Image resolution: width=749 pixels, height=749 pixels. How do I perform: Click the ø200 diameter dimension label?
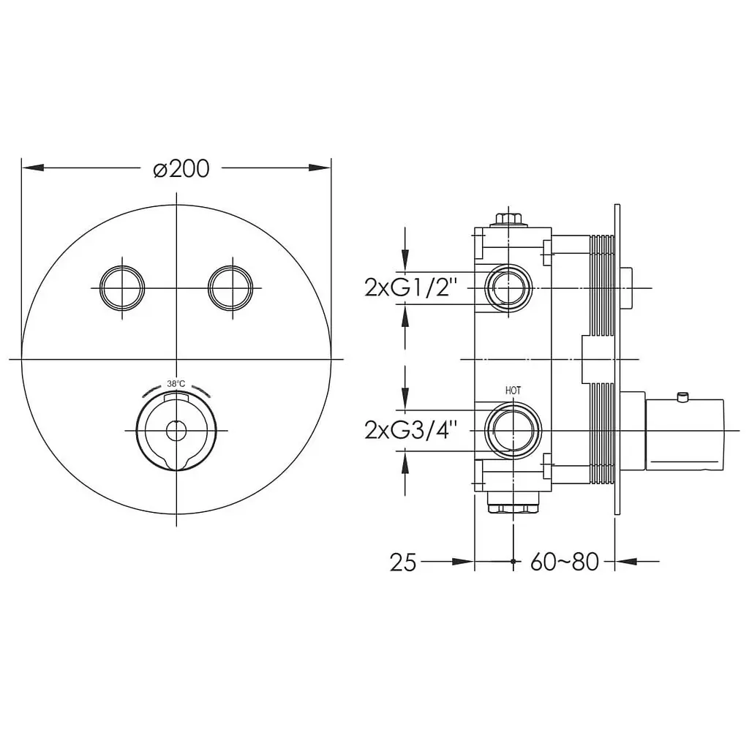click(x=181, y=169)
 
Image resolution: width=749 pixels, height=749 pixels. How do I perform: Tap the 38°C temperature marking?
click(x=176, y=383)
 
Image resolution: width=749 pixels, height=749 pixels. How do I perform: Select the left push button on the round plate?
click(x=122, y=288)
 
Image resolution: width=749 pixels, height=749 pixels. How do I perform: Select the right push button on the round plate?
click(x=230, y=288)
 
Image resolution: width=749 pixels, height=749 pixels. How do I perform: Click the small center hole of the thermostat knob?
click(x=176, y=431)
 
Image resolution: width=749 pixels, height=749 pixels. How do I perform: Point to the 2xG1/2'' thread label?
click(x=411, y=288)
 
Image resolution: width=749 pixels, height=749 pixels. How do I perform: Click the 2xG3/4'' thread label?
click(x=411, y=430)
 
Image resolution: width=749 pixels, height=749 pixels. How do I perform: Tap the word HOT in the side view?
click(x=513, y=391)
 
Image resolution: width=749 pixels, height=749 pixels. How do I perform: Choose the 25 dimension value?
click(x=403, y=562)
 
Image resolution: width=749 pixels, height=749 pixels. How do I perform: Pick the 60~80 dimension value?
click(x=564, y=562)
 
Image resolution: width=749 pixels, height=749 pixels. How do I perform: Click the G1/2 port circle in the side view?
click(x=508, y=288)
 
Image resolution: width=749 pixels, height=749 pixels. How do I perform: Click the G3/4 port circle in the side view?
click(x=513, y=430)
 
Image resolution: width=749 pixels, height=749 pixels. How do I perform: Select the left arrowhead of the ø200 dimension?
click(x=34, y=168)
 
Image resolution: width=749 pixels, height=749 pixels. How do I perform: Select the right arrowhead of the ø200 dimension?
click(x=319, y=168)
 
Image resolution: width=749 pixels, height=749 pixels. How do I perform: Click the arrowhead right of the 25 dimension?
click(x=462, y=562)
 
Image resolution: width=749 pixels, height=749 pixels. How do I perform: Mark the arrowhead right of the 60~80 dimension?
click(x=626, y=562)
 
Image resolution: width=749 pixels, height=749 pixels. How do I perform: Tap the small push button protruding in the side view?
click(x=627, y=288)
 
